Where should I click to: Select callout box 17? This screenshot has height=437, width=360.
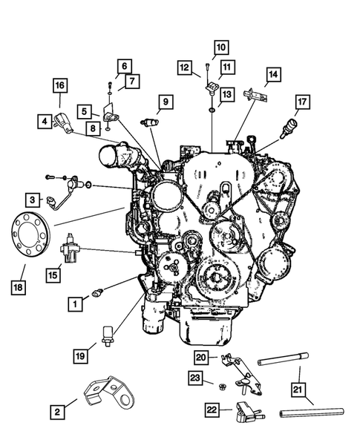(x=301, y=102)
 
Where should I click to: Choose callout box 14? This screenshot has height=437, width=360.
(x=273, y=74)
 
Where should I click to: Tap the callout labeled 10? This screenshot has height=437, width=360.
(x=220, y=49)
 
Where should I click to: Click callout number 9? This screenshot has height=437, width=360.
(x=164, y=101)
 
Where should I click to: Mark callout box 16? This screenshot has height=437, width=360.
(x=59, y=86)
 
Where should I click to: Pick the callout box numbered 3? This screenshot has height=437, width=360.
(x=33, y=199)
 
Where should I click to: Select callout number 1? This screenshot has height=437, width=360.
(x=75, y=303)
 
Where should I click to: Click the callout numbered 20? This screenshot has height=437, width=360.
(x=200, y=357)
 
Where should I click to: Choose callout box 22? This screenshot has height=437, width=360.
(x=212, y=408)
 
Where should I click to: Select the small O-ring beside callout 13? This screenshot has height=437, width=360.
(x=213, y=110)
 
